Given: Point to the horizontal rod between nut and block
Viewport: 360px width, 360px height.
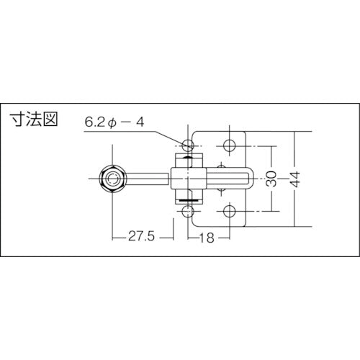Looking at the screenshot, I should pos(148,177).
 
